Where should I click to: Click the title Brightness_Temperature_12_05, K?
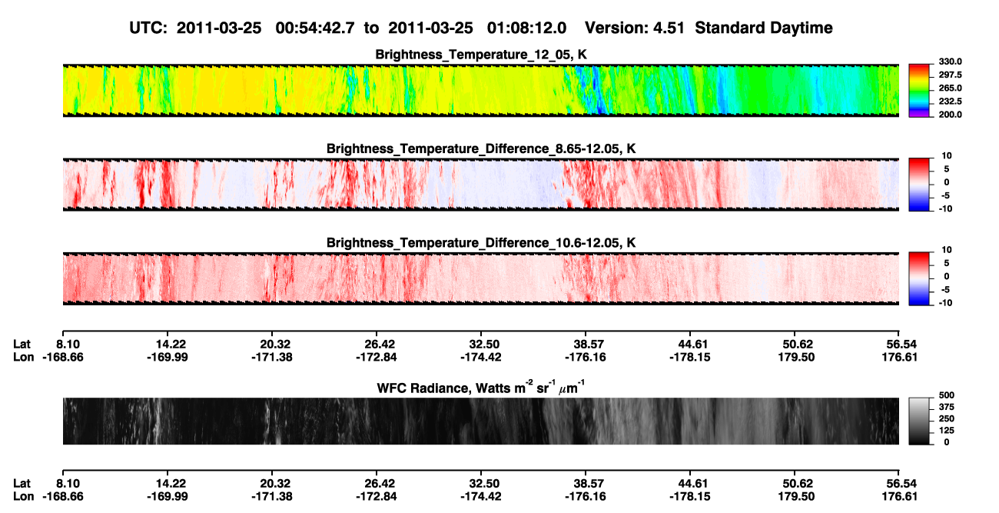point(481,55)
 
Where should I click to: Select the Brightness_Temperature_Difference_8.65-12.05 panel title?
point(481,148)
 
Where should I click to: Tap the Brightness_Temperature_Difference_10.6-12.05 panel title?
point(481,243)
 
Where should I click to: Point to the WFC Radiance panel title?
point(481,388)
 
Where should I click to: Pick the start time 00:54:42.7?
point(315,28)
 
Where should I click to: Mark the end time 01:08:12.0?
point(526,28)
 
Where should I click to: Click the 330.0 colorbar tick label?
point(950,62)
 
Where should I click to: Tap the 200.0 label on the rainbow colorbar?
point(950,115)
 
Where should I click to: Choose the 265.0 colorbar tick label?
point(950,88)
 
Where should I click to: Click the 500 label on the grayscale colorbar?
point(947,395)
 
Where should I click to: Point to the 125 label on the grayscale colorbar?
point(947,431)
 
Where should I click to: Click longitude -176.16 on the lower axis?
point(585,497)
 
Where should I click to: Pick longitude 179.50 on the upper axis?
point(797,357)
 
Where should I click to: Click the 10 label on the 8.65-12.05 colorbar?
point(947,156)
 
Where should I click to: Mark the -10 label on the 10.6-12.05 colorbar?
point(945,303)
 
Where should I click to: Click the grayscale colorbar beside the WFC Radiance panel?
point(919,421)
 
